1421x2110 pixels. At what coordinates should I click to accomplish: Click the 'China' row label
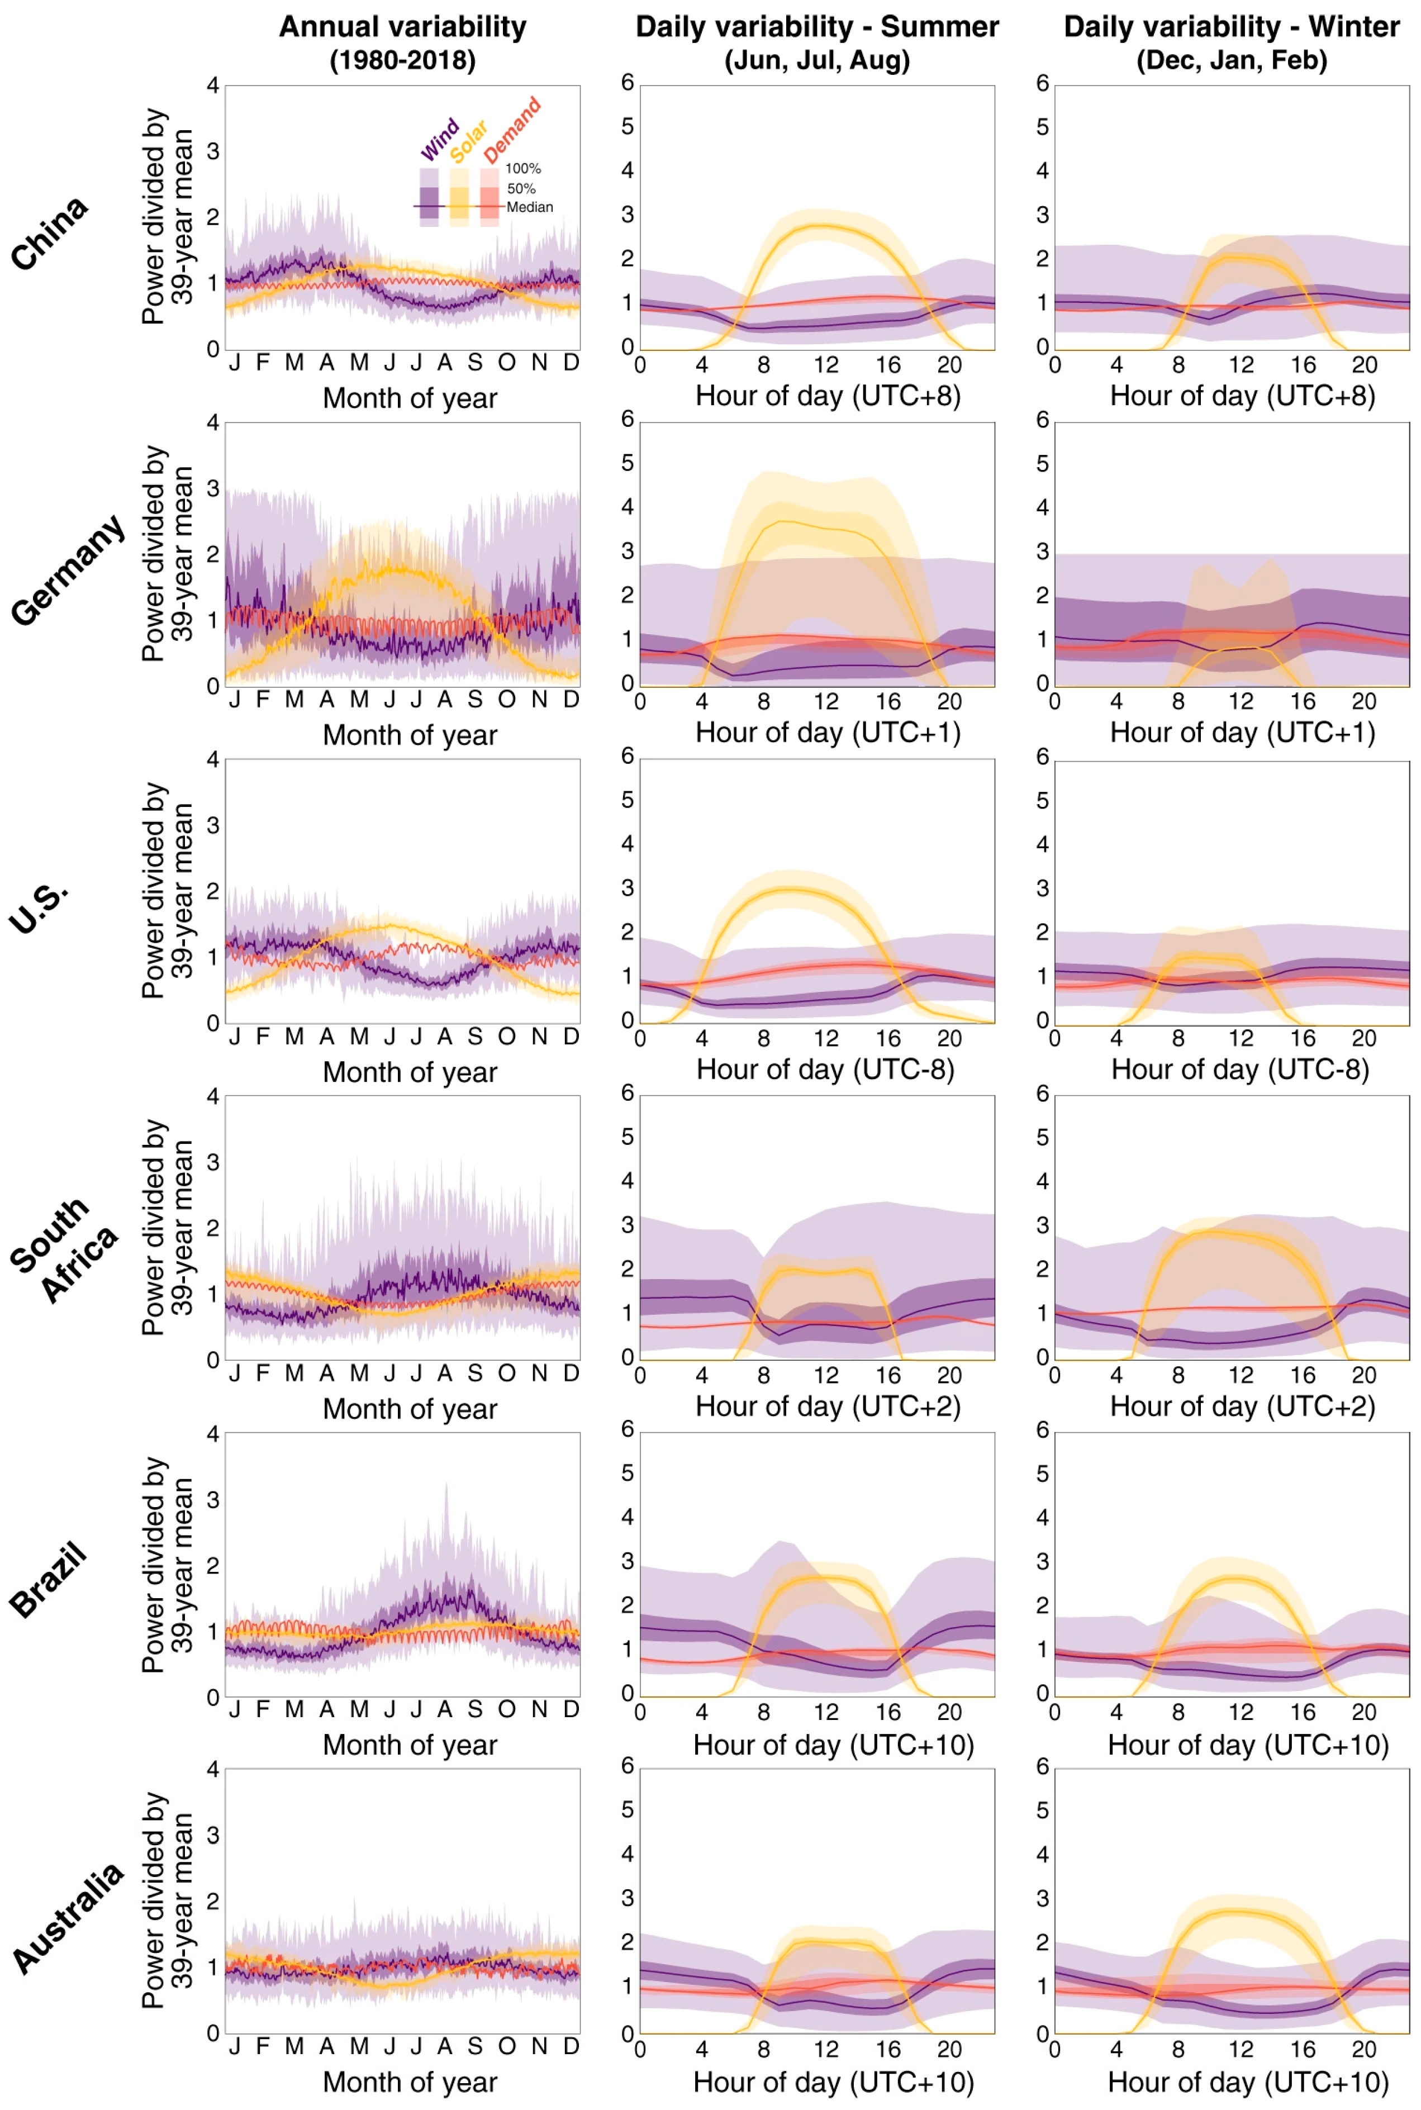50,233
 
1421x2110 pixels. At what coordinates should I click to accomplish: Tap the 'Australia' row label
68,1919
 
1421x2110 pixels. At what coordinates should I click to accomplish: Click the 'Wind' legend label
440,140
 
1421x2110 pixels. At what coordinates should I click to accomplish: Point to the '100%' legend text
523,169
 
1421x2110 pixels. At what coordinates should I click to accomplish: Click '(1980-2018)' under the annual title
402,61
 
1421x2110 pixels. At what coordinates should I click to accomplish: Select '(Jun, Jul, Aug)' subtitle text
816,61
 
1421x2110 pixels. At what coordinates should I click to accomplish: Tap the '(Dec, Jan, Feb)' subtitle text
1232,61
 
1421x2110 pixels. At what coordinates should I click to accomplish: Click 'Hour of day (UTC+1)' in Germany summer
828,732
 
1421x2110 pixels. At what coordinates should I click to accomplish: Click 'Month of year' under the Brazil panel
410,1744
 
